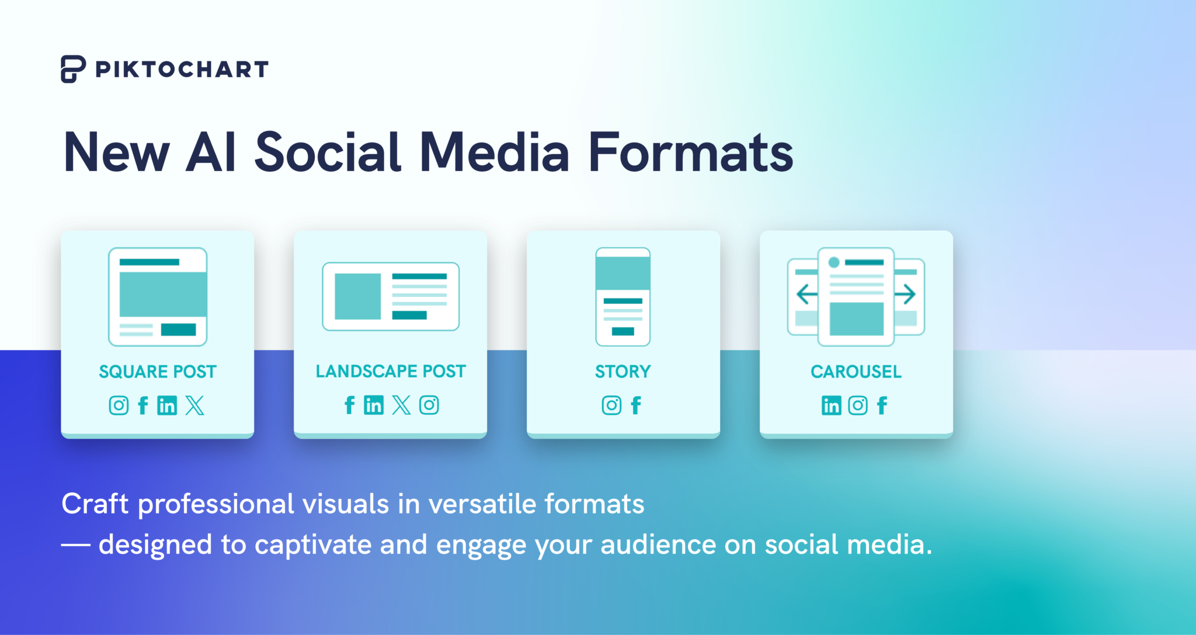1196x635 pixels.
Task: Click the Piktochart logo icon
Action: pos(73,69)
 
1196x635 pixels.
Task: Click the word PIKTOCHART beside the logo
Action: pos(182,70)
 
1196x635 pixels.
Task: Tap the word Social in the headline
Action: pos(328,152)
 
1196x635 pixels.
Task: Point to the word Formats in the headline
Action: pos(691,152)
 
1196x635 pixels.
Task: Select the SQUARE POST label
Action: pos(158,372)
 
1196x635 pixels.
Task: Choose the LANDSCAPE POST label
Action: pos(391,371)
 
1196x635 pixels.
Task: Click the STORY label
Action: pos(623,372)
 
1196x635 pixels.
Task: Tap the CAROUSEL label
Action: pos(856,372)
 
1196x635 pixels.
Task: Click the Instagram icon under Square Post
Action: pos(119,405)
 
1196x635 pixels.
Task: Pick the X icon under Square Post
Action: pos(195,405)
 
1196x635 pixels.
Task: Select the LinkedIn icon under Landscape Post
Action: pos(374,405)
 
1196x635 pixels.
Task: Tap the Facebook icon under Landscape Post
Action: pos(349,405)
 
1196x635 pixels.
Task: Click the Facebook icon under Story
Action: pos(636,405)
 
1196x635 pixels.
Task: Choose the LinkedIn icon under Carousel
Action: pos(832,405)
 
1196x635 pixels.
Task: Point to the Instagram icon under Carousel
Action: pos(858,405)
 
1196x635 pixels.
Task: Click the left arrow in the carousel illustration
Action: pos(807,294)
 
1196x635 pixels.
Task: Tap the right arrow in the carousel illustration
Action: pos(905,294)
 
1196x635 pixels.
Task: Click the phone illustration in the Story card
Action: pos(623,297)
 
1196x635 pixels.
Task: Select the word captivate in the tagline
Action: pos(313,545)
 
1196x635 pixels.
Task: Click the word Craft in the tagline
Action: pos(95,504)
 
